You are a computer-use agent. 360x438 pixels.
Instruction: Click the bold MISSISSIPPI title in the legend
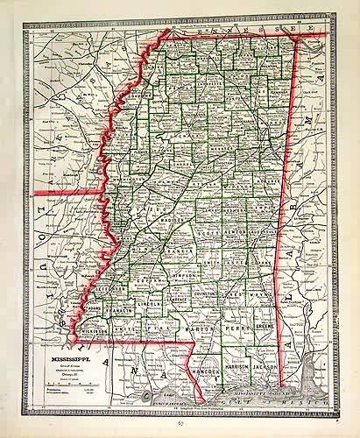pyautogui.click(x=71, y=360)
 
